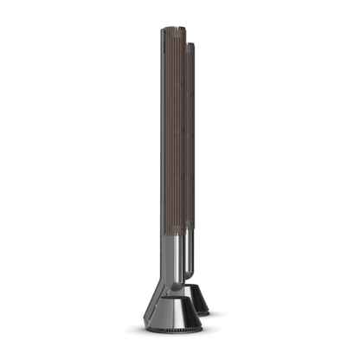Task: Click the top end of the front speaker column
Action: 174,31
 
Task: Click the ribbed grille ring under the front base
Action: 169,331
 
